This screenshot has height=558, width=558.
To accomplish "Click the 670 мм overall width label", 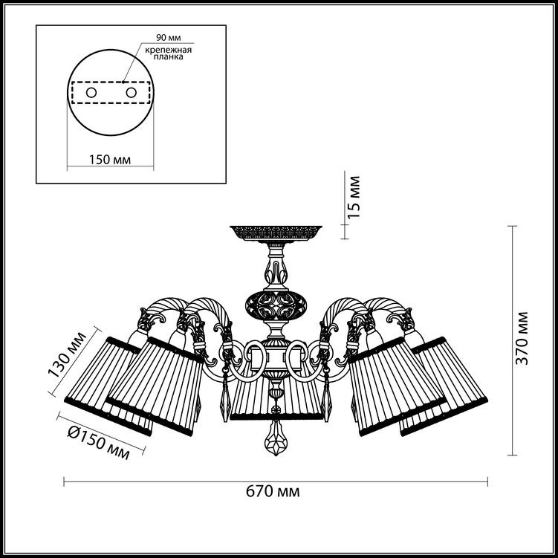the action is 273,492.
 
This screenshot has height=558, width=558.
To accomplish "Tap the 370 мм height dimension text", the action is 522,338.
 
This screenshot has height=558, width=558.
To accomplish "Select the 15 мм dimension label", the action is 354,197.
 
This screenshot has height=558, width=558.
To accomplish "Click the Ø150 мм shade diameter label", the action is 98,443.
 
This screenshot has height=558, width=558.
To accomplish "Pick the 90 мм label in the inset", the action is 169,38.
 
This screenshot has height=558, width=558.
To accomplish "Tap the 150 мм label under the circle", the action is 110,160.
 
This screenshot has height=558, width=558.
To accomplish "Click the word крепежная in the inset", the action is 168,50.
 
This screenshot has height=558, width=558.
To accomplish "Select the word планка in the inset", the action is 169,56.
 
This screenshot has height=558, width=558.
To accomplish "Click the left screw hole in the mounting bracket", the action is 91,93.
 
